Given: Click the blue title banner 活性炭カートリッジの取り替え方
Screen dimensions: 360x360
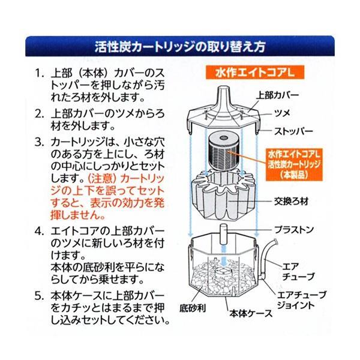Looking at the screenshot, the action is pos(180,46).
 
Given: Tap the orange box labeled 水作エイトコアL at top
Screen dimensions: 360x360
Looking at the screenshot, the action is pos(255,73).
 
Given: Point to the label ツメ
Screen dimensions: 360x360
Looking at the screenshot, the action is pos(283,113).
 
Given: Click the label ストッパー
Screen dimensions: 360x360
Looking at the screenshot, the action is pos(293,131).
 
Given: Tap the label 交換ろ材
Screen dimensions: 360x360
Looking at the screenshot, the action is pos(292,202).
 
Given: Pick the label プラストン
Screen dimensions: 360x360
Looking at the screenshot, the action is pos(294,229).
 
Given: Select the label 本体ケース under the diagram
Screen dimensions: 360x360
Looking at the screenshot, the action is pos(251,313).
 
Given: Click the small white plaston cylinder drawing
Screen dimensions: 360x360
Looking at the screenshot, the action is pos(223,235).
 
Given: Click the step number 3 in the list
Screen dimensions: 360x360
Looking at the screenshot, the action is pos(38,142).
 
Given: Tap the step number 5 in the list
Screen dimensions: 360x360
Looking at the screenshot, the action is pos(38,296).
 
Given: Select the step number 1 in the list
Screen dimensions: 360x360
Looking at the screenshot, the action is pos(38,73).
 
